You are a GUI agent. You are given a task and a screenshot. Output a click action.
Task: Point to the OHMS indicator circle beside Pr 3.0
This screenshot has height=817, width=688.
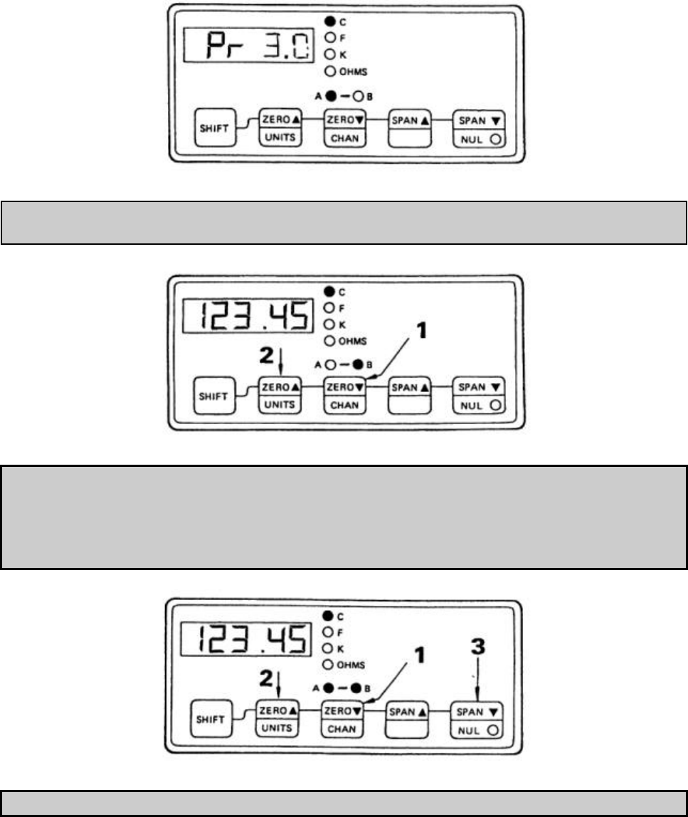pos(329,71)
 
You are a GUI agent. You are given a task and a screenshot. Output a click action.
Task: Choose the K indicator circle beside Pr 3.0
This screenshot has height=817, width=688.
pos(329,54)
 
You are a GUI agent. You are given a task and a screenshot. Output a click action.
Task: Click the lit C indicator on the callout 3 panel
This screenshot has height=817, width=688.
pos(329,613)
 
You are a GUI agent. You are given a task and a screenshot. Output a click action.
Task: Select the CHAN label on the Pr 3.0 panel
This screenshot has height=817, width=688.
pos(345,139)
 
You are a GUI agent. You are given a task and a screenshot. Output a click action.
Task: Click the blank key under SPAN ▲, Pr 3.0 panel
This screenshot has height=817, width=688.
pos(409,138)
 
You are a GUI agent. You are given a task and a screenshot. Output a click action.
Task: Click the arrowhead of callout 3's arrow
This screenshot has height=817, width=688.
pos(477,700)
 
